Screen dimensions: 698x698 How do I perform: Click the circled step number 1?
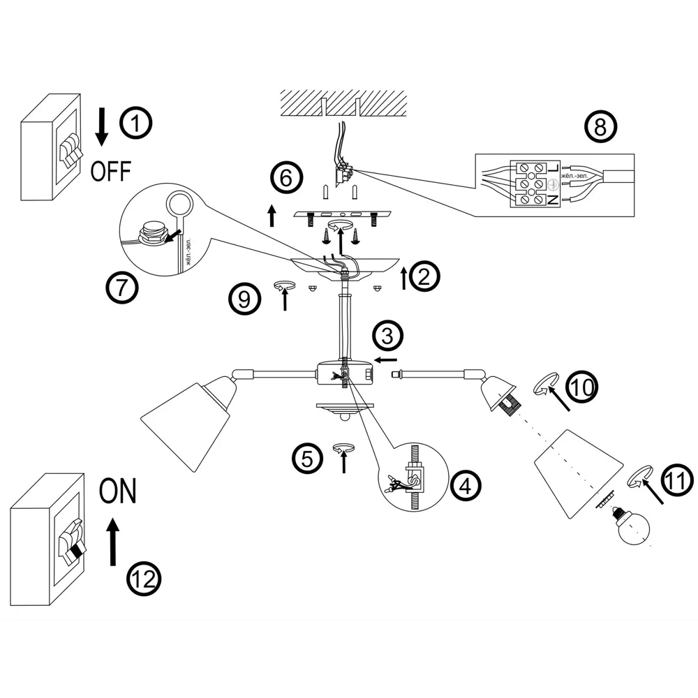pyautogui.click(x=136, y=124)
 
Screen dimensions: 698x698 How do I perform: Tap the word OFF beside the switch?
pyautogui.click(x=110, y=170)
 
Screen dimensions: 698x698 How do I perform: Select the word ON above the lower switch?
pyautogui.click(x=117, y=492)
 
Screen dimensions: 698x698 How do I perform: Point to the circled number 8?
pyautogui.click(x=602, y=126)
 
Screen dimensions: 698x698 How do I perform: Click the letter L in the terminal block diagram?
pyautogui.click(x=554, y=167)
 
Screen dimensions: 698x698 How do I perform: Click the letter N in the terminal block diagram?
pyautogui.click(x=554, y=200)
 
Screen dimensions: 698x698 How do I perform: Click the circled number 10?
pyautogui.click(x=581, y=387)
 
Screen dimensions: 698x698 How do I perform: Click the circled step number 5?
pyautogui.click(x=308, y=458)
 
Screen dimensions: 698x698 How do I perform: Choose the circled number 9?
pyautogui.click(x=245, y=299)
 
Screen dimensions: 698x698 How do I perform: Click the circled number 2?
pyautogui.click(x=424, y=277)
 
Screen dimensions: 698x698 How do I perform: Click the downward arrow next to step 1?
pyautogui.click(x=102, y=127)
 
